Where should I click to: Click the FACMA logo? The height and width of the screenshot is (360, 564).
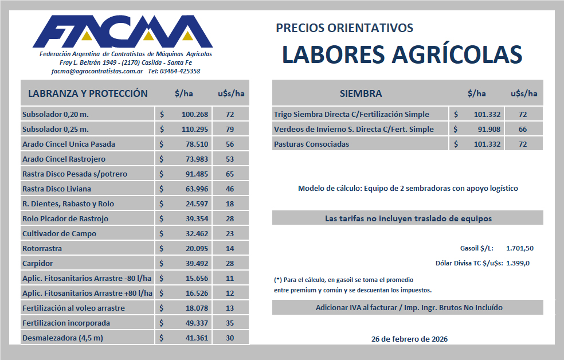click(123, 32)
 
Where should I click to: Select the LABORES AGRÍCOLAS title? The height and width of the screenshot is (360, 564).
click(402, 54)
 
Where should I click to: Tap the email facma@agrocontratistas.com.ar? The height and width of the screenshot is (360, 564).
click(97, 71)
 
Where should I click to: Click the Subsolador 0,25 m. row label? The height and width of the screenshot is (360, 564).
click(55, 129)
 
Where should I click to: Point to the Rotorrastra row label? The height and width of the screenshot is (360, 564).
click(42, 248)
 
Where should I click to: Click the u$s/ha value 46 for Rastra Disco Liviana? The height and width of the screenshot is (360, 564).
click(230, 189)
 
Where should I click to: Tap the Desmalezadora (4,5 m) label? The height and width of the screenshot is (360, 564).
click(62, 338)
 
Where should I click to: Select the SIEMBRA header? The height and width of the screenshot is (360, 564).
click(361, 93)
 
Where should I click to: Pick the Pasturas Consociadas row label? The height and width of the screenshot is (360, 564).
click(311, 144)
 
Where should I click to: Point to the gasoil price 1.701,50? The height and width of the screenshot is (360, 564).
click(520, 248)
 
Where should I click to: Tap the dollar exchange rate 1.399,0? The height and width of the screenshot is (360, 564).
click(518, 263)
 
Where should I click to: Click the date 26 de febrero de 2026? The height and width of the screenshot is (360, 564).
click(410, 339)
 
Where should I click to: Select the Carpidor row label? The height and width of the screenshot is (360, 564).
click(37, 263)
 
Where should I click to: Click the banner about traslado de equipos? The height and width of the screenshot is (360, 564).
click(408, 218)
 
